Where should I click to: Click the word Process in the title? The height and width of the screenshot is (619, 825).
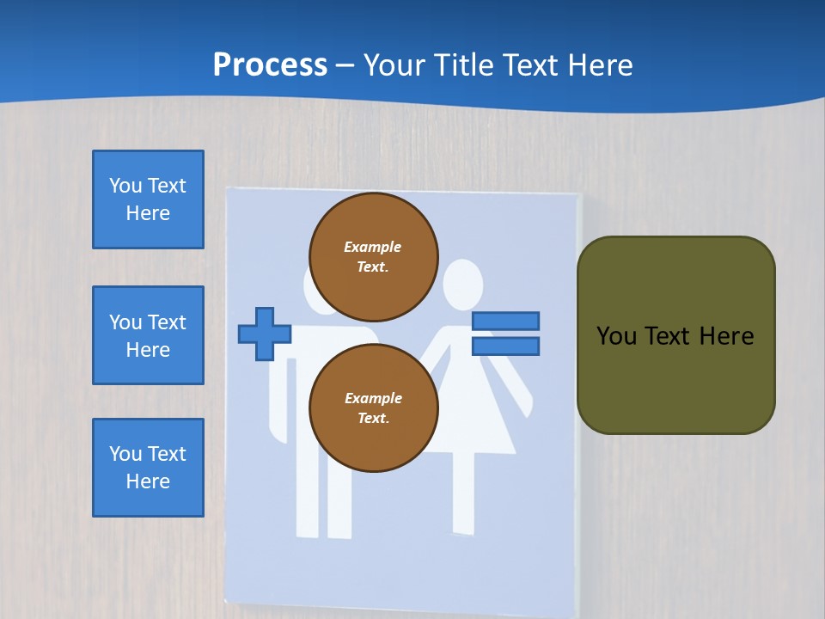coord(270,64)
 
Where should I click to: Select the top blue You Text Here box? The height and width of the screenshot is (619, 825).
coord(148,199)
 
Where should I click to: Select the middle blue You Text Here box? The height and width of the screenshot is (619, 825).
coord(148,335)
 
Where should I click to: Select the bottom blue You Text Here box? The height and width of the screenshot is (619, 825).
coord(148,468)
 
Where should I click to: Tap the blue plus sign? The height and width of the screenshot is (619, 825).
coord(264,334)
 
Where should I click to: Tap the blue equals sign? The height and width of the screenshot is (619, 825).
coord(505,334)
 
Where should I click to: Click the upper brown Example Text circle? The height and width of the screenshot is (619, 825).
coord(374,257)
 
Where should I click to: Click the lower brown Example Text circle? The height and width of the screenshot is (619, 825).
coord(374,408)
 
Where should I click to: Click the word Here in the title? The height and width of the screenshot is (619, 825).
coord(597,64)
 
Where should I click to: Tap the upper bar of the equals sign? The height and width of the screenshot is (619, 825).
coord(505,322)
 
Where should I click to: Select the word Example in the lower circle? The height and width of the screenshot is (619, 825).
coord(373,398)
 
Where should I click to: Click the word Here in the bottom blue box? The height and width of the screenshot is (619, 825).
coord(148,481)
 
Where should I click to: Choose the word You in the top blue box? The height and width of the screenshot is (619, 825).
coord(125,186)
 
